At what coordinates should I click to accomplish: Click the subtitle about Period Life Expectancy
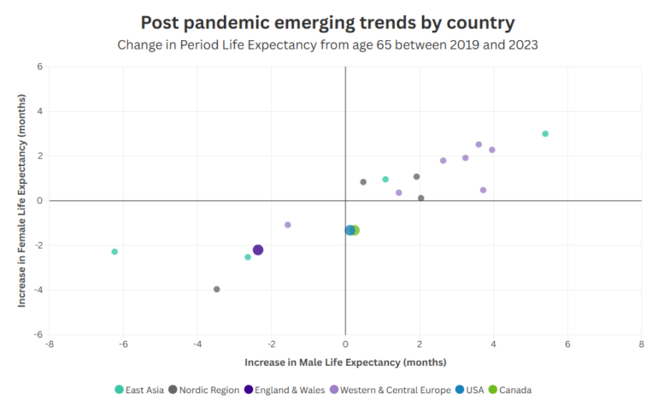[x=328, y=44]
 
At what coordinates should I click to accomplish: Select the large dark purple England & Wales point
[x=258, y=250]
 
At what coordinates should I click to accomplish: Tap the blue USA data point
[x=350, y=230]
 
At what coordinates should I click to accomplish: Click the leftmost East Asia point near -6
[x=115, y=251]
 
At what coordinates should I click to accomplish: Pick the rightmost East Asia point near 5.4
[x=545, y=133]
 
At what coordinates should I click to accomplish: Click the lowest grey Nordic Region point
[x=216, y=289]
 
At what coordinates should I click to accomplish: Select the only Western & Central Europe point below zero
[x=288, y=225]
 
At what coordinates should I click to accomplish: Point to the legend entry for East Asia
[x=140, y=390]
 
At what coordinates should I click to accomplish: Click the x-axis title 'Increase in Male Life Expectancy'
[x=345, y=362]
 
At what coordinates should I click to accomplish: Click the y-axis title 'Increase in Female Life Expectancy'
[x=23, y=200]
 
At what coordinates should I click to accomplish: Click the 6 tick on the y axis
[x=39, y=67]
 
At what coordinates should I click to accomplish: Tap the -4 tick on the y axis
[x=38, y=290]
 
